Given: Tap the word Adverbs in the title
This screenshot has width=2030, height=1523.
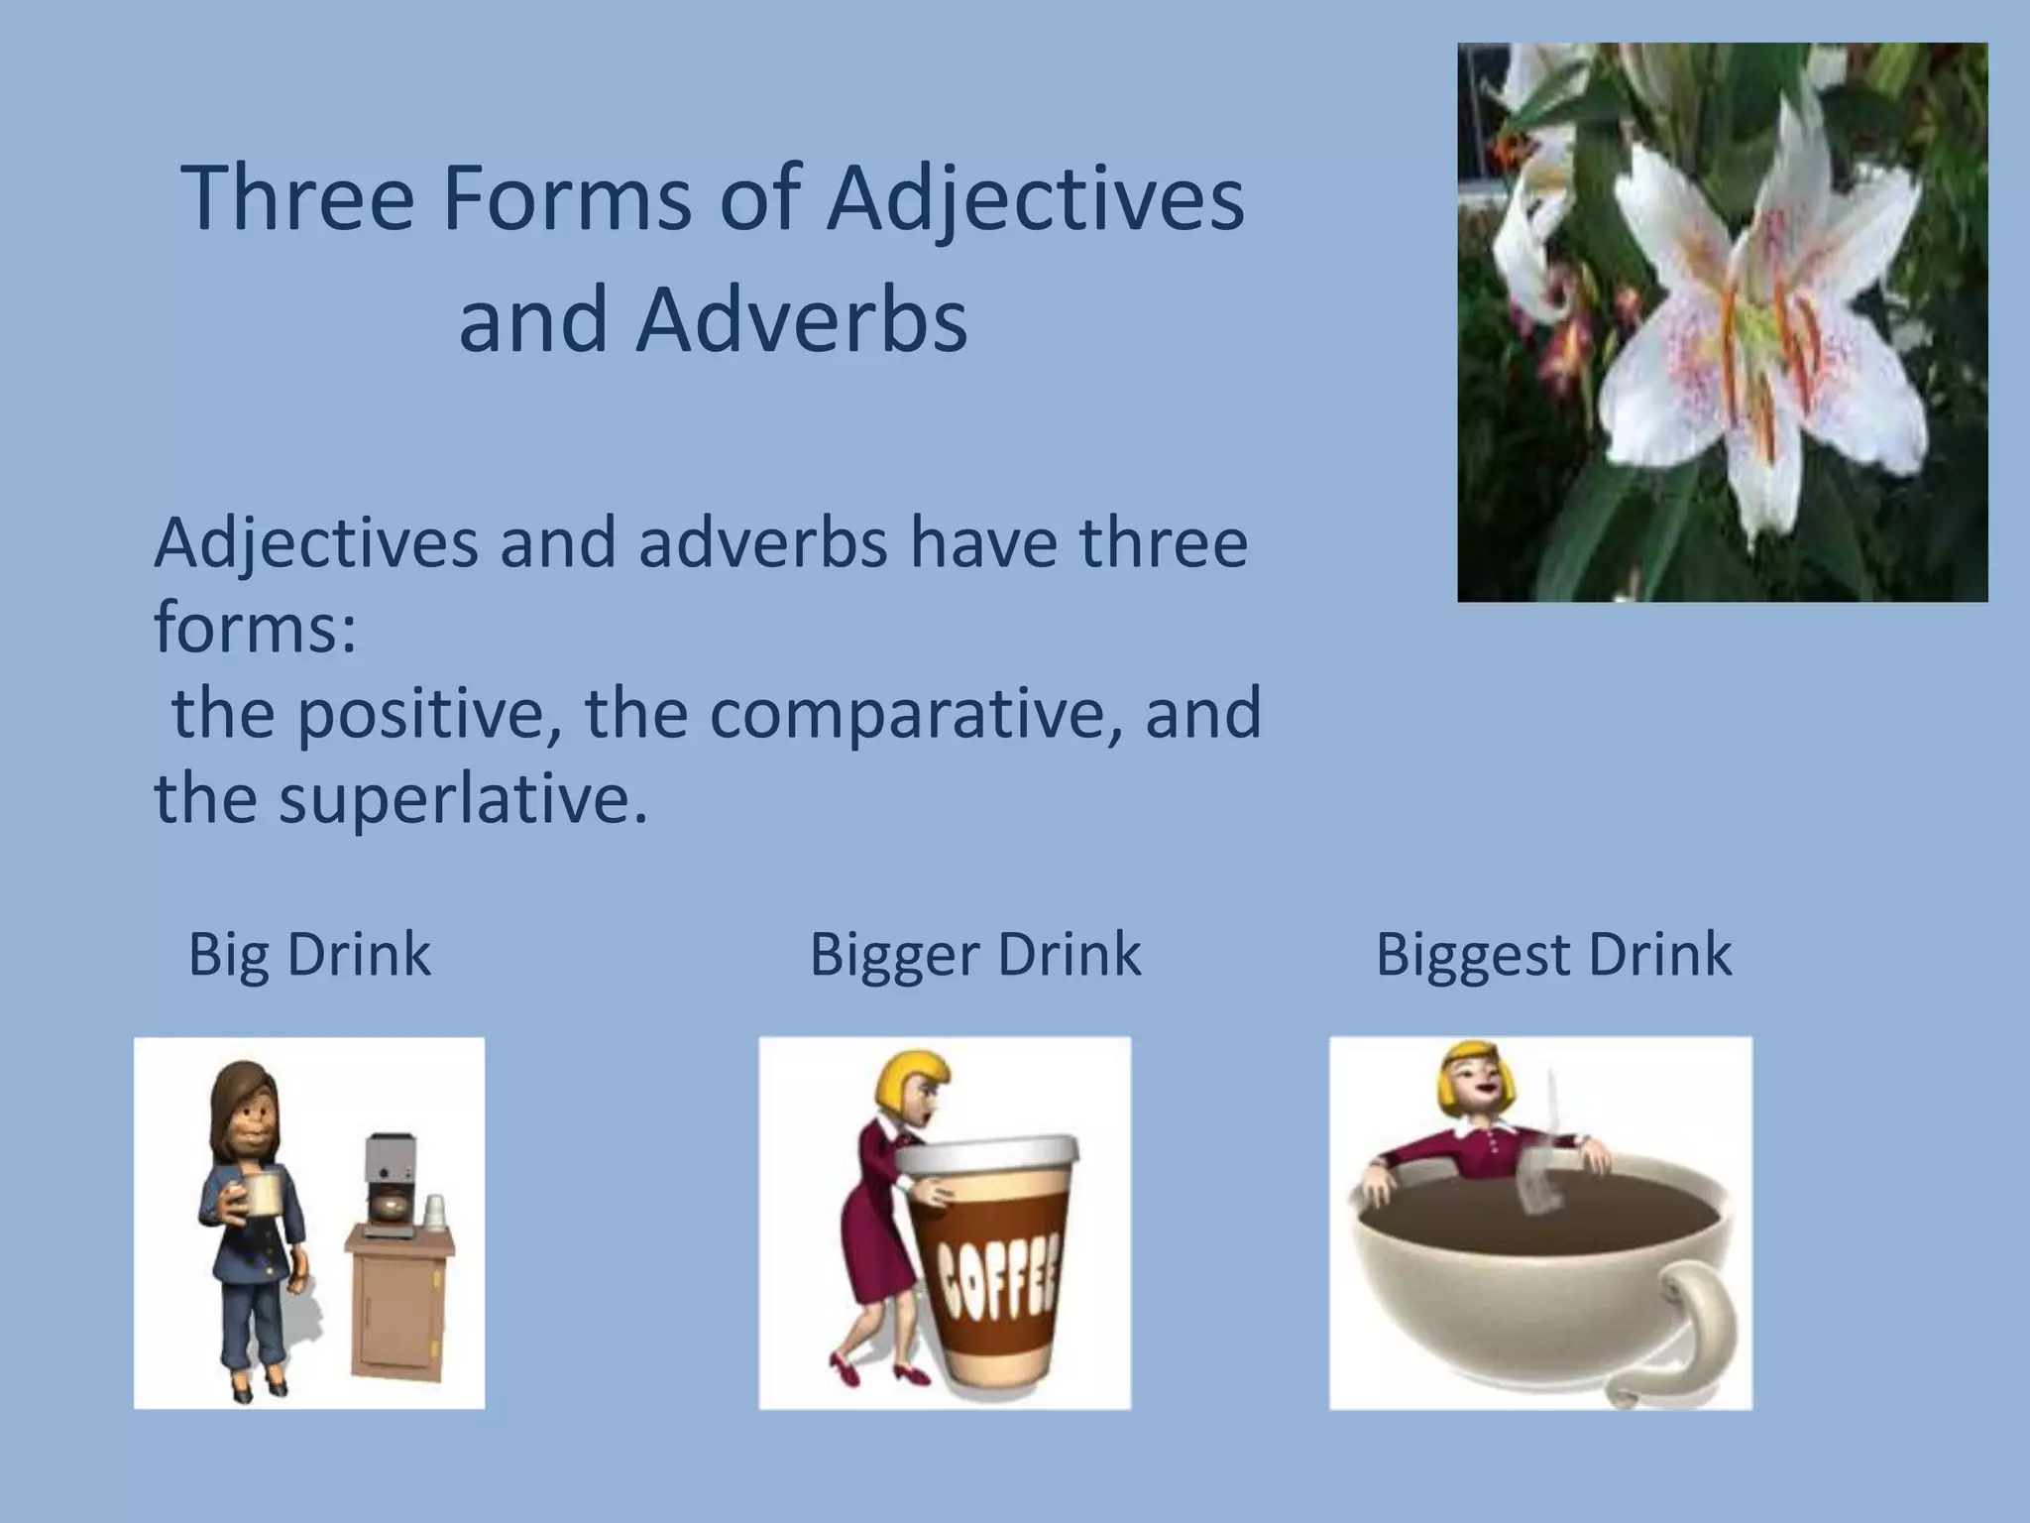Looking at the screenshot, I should point(801,321).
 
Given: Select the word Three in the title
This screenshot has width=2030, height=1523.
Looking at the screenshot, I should point(297,198).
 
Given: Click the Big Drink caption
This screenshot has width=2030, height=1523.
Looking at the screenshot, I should point(309,955).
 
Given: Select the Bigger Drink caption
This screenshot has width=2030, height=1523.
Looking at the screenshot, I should point(975,955).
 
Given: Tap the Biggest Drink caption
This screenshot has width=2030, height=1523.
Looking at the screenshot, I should point(1553,955).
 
